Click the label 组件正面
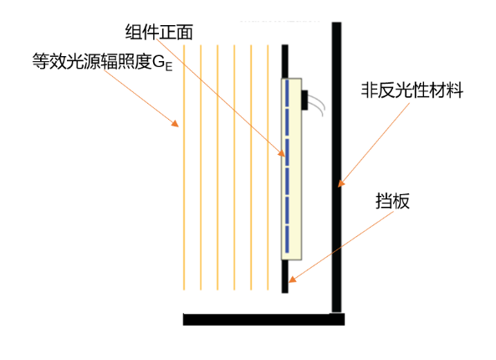click(x=159, y=32)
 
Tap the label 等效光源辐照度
click(x=92, y=61)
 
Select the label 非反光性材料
click(x=412, y=90)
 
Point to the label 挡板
click(x=392, y=201)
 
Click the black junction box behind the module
click(x=304, y=100)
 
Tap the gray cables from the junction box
click(x=317, y=104)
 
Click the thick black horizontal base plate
click(x=263, y=319)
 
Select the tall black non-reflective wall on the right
click(x=336, y=167)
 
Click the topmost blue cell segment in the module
click(x=287, y=93)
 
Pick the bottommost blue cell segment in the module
click(x=287, y=239)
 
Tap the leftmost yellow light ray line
click(x=184, y=167)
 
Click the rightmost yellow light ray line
click(x=268, y=167)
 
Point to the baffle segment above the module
click(x=285, y=61)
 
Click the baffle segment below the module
click(x=285, y=276)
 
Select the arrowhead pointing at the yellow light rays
click(x=176, y=123)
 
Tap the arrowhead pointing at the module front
click(x=282, y=153)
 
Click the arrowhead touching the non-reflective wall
click(x=341, y=183)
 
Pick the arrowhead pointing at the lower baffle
click(x=293, y=279)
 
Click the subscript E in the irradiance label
click(x=169, y=67)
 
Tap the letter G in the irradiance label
click(x=158, y=62)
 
